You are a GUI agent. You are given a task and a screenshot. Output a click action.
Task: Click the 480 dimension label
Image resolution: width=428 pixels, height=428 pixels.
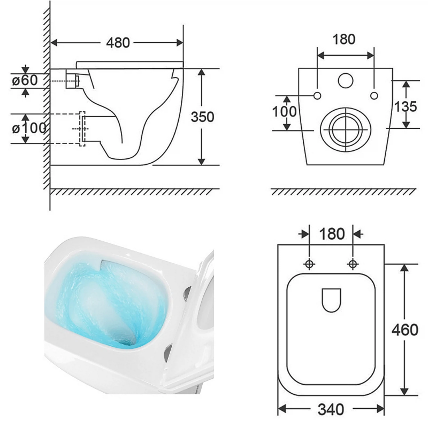[x=118, y=43]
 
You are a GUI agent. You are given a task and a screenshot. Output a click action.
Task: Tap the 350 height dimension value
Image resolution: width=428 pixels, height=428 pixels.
[x=202, y=117]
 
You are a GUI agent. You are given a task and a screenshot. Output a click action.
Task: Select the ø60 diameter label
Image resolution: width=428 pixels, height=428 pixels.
[x=25, y=80]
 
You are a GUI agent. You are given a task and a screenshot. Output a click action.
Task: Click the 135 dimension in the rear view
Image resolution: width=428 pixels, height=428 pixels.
[x=405, y=106]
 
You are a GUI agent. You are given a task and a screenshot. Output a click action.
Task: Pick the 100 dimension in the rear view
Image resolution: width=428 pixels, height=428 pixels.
[x=284, y=112]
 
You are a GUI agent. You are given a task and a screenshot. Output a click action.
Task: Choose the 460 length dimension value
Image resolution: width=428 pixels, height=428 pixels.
[x=405, y=330]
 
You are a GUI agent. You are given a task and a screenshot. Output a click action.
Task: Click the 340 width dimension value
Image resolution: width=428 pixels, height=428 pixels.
[x=331, y=409]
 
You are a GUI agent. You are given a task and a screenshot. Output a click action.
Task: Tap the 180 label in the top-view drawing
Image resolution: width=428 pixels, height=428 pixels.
[x=332, y=234]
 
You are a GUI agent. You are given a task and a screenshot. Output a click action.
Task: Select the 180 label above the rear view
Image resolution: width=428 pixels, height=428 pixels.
[x=344, y=39]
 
